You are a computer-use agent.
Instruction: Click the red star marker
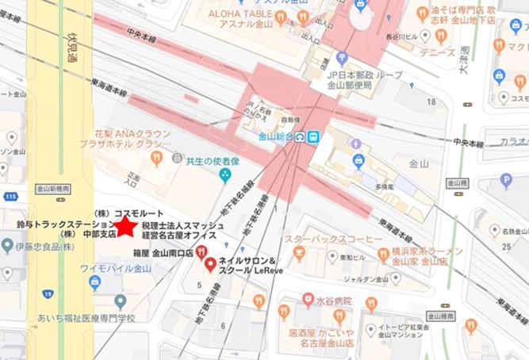pos(125,228)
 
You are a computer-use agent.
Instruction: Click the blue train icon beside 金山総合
pos(313,136)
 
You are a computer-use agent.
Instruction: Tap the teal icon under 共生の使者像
pos(225,174)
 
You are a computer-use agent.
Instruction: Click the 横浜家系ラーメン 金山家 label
pos(414,255)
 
